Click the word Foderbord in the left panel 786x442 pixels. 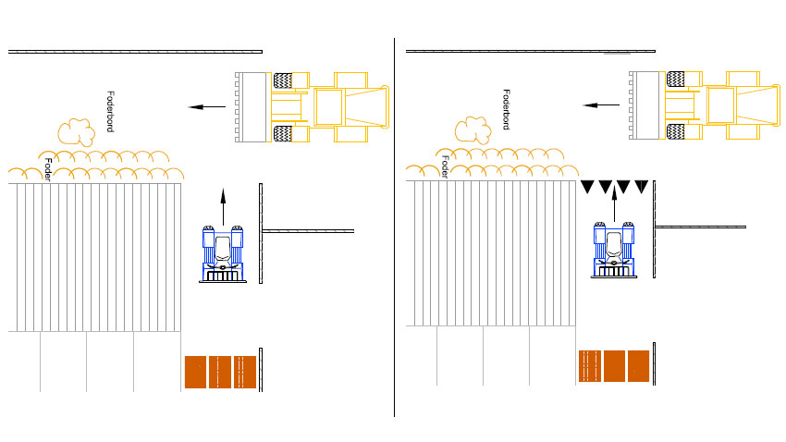(110, 112)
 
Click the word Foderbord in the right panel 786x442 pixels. (507, 109)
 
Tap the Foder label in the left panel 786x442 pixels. (48, 169)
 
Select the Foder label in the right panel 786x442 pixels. (445, 166)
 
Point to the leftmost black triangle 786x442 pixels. (588, 188)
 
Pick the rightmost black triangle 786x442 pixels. (641, 188)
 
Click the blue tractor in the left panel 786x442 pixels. (223, 252)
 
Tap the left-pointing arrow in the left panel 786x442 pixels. (207, 107)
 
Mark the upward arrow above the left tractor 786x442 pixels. (223, 205)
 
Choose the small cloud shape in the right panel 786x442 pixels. (473, 129)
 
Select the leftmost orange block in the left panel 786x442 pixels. (195, 372)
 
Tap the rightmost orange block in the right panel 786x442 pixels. (638, 366)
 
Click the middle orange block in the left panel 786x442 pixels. (219, 372)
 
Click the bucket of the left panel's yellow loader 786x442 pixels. (251, 107)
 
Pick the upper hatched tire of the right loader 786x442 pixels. (680, 80)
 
